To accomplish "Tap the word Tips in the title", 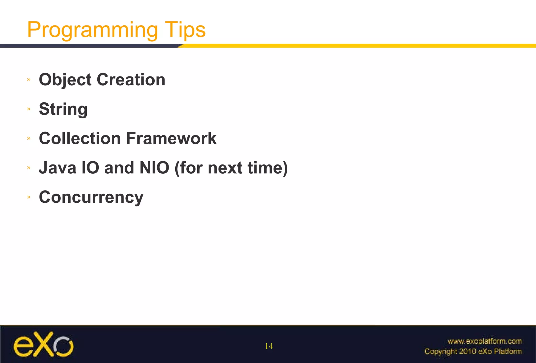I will pos(185,30).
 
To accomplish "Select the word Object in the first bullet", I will pos(65,80).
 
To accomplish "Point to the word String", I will pos(63,109).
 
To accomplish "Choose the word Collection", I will pos(80,138).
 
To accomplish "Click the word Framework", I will pos(171,138).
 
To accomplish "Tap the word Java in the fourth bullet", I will pos(57,168).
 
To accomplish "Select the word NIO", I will pos(154,168).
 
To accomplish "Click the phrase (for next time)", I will pos(231,168).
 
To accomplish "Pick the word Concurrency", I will pos(91,197).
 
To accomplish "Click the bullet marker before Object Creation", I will pos(29,80).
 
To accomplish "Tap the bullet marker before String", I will pos(29,109).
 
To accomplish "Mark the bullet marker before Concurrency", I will pos(29,197).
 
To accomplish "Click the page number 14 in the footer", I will pos(269,346).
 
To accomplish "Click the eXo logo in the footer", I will pos(43,344).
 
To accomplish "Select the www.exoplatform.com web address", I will pos(484,341).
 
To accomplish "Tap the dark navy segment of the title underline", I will pos(89,46).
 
